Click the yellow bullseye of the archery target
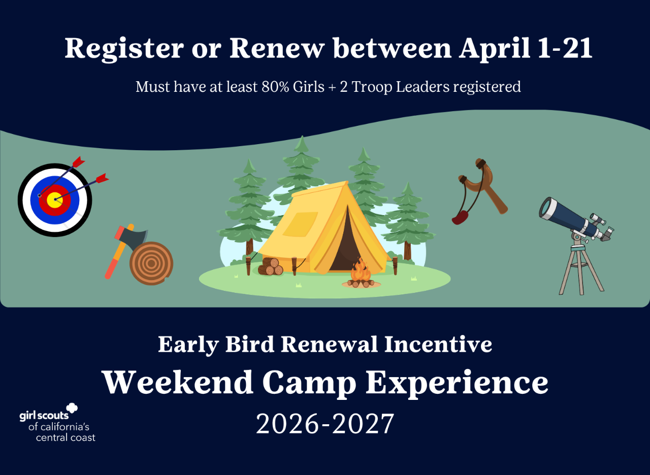[55, 199]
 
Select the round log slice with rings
[151, 263]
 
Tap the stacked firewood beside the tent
[270, 266]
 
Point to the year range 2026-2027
[325, 424]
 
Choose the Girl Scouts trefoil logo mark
[72, 409]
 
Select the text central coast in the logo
[66, 437]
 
